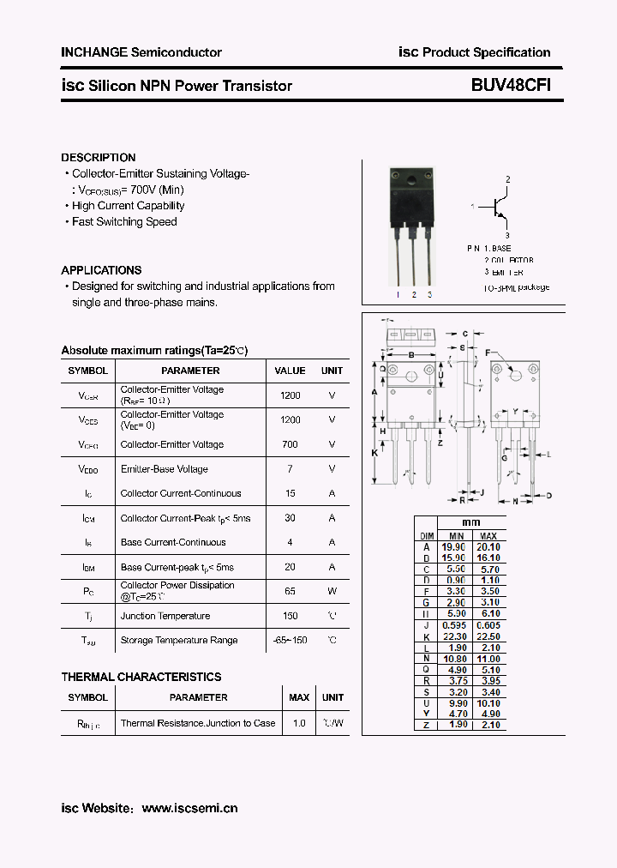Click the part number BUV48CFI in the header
[x=510, y=86]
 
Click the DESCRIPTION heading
[x=98, y=158]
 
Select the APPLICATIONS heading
[x=101, y=270]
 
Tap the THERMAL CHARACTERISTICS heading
[x=141, y=677]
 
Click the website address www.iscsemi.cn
[x=189, y=808]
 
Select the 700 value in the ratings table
[x=290, y=444]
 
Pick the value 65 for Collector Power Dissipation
[x=290, y=591]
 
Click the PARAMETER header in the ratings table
[x=190, y=371]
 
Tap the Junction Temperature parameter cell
[x=165, y=616]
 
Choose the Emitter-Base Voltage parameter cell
[x=164, y=469]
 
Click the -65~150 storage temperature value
[x=290, y=640]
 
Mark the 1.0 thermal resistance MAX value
[x=299, y=723]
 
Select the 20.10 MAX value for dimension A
[x=488, y=546]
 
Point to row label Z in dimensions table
[x=426, y=725]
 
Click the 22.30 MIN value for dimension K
[x=454, y=636]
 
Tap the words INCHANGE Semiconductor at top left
[x=141, y=52]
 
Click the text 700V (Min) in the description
[x=158, y=190]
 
